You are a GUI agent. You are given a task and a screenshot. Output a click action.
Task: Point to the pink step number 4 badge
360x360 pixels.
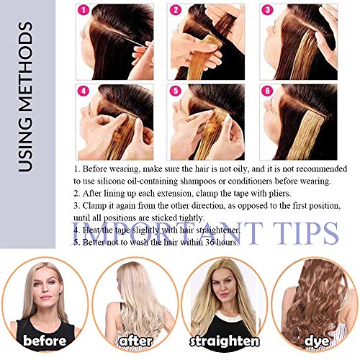click(84, 92)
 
